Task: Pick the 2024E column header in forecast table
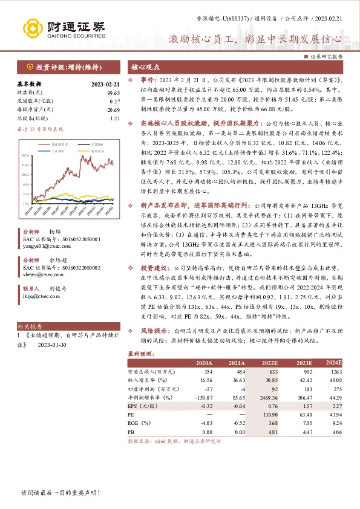pyautogui.click(x=333, y=363)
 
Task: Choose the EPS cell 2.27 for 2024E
pyautogui.click(x=337, y=406)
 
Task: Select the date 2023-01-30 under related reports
pyautogui.click(x=53, y=346)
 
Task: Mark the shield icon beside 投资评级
pyautogui.click(x=29, y=67)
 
